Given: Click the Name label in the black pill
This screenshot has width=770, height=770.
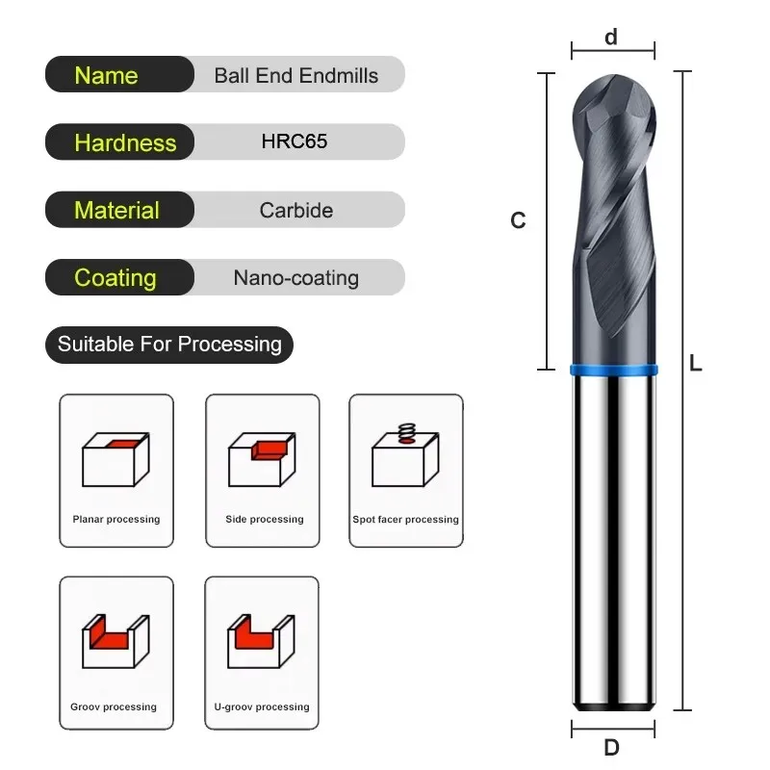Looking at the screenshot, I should coord(106,75).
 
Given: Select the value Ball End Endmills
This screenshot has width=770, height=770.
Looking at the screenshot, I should coord(296,75).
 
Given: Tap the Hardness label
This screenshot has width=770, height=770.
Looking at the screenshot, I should coord(125,142).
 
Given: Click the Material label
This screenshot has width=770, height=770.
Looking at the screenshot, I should coord(116,210).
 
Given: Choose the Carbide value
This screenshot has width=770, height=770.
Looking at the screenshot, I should coord(296,210).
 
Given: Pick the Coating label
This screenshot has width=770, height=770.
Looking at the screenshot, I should coord(115,277).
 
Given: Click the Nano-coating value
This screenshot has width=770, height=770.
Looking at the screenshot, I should coord(296,278).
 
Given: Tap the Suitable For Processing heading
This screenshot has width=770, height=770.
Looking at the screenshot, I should coord(169,344).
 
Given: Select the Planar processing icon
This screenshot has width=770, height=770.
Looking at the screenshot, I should coord(116,459).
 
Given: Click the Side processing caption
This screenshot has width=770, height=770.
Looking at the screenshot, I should coord(265,520).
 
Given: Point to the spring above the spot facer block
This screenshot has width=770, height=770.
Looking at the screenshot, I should coord(406,430).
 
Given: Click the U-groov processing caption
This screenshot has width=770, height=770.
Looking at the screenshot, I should coord(262,706).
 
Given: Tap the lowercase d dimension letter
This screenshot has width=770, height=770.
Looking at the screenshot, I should coord(611,38).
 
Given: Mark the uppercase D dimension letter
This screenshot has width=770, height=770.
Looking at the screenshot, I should coord(611,747).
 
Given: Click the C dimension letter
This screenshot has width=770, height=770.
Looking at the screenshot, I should coord(518,220).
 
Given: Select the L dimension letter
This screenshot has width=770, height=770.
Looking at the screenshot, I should coord(696,364).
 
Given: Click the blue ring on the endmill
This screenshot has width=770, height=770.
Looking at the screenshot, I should coord(613,369).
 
